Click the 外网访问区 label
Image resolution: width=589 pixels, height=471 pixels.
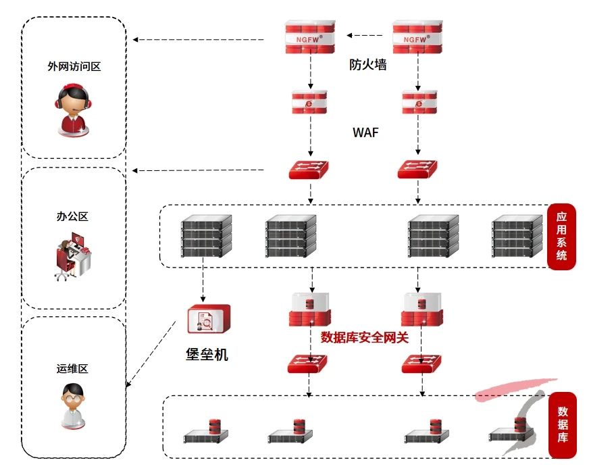(x=74, y=66)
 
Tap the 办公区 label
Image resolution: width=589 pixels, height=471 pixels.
(x=72, y=217)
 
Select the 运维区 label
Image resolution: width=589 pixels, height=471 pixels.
(x=73, y=368)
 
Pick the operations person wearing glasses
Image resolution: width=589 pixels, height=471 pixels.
(x=72, y=406)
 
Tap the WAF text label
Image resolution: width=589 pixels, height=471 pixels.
(x=365, y=132)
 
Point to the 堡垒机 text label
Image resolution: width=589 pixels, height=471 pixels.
(x=207, y=353)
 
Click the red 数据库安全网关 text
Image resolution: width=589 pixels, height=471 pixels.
(x=365, y=337)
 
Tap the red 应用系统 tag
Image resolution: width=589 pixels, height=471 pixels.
(x=561, y=237)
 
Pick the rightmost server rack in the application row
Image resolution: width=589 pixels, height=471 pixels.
(x=517, y=236)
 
